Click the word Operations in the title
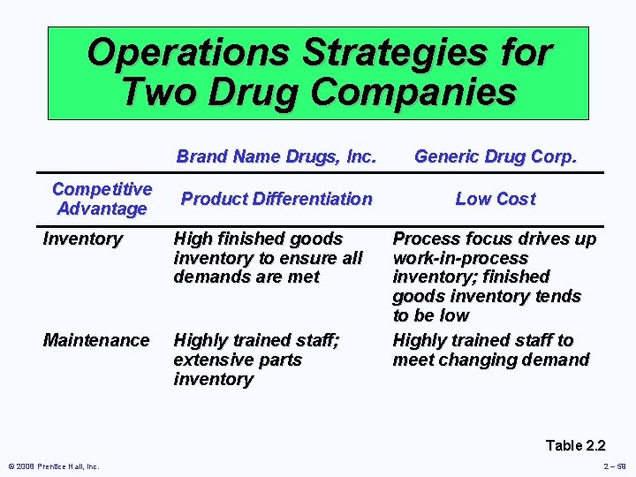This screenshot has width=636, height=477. (x=188, y=53)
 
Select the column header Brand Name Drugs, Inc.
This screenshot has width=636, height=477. (x=276, y=157)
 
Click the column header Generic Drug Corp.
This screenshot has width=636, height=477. (x=495, y=157)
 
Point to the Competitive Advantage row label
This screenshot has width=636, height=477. (x=102, y=199)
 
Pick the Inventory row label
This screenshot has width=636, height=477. (x=83, y=238)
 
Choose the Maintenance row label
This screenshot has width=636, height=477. (x=96, y=340)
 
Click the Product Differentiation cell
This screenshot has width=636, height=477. (x=276, y=199)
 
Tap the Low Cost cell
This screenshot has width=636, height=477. (x=495, y=199)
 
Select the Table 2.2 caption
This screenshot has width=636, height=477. (x=575, y=445)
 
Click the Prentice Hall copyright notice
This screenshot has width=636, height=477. (x=54, y=466)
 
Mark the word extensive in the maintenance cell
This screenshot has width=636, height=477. (x=212, y=360)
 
